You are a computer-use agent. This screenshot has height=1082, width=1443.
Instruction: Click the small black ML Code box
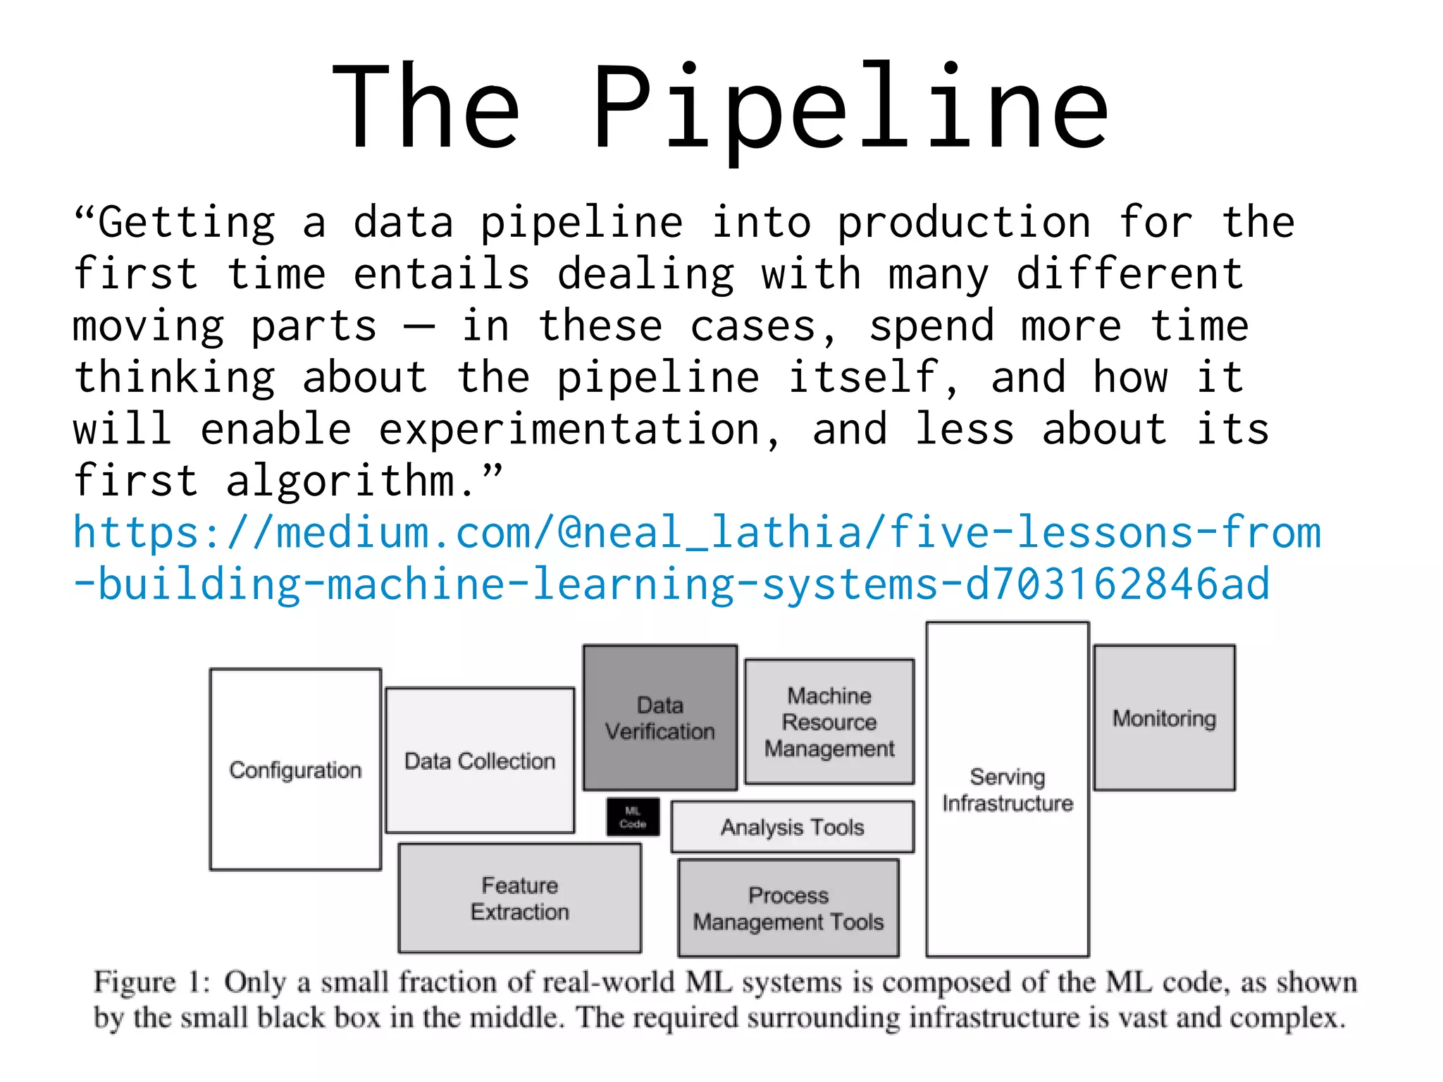coord(633,817)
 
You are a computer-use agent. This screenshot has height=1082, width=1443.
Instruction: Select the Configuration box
coord(295,769)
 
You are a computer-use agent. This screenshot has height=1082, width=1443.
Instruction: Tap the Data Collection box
coord(480,761)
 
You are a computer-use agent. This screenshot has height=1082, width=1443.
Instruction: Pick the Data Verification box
coord(660,718)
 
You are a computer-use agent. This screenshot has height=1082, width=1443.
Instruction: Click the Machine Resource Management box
coord(829,722)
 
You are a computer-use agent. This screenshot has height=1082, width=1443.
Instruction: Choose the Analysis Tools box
coord(792,827)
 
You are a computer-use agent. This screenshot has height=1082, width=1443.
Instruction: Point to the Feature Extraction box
coord(520,898)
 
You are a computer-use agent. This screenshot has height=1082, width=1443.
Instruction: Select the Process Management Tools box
coord(788,908)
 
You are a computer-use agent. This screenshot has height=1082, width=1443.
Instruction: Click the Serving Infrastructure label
coord(1008,789)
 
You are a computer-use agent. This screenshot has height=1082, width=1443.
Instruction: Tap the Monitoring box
coord(1164,718)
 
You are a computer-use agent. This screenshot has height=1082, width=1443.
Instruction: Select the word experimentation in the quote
coord(569,429)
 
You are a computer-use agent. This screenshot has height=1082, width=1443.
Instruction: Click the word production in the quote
coord(964,223)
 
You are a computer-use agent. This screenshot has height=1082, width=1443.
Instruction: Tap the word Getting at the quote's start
coord(187,223)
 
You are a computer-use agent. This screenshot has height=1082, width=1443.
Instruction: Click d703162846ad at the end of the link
coord(1117,584)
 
